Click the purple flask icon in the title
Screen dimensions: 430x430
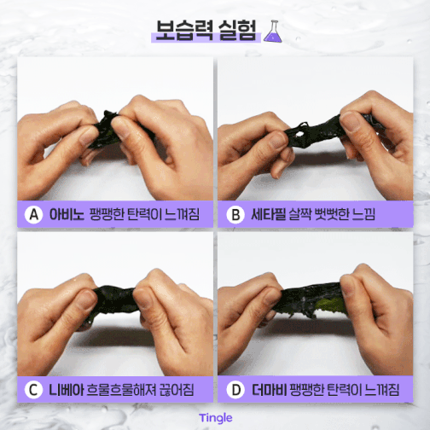click(273, 32)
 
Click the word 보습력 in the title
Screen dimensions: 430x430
click(184, 30)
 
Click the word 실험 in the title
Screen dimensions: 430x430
click(237, 30)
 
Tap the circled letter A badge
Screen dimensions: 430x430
click(33, 214)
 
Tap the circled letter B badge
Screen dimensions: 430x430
click(235, 214)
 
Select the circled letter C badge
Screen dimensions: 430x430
click(33, 390)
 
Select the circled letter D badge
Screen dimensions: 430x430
click(235, 390)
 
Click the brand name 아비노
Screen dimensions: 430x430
click(67, 214)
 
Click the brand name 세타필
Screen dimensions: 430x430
click(268, 214)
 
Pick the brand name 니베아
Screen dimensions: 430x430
click(67, 390)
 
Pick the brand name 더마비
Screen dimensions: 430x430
click(269, 390)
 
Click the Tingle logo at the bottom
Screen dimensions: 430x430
click(216, 418)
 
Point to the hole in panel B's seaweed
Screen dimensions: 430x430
click(299, 134)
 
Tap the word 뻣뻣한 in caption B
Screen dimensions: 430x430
click(329, 214)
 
